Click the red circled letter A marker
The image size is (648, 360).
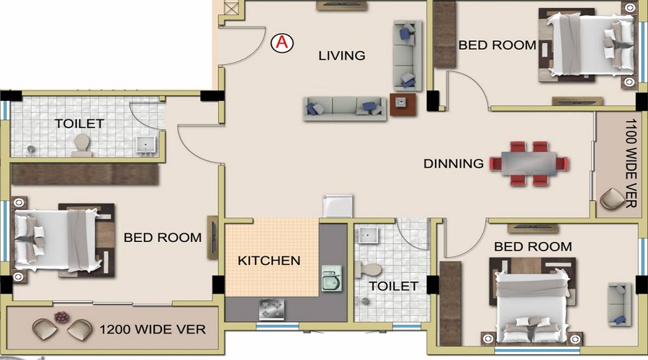tap(282, 43)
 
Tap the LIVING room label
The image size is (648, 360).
tap(342, 55)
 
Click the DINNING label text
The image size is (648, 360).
tap(454, 163)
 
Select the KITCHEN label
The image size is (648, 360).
tap(269, 261)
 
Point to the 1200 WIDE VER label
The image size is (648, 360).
tap(153, 330)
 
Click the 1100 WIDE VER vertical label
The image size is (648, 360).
tap(631, 163)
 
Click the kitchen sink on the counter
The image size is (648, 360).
tap(332, 278)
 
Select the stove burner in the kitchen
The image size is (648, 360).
tap(271, 308)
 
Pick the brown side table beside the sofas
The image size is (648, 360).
tap(403, 104)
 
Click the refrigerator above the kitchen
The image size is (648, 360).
tap(338, 206)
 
